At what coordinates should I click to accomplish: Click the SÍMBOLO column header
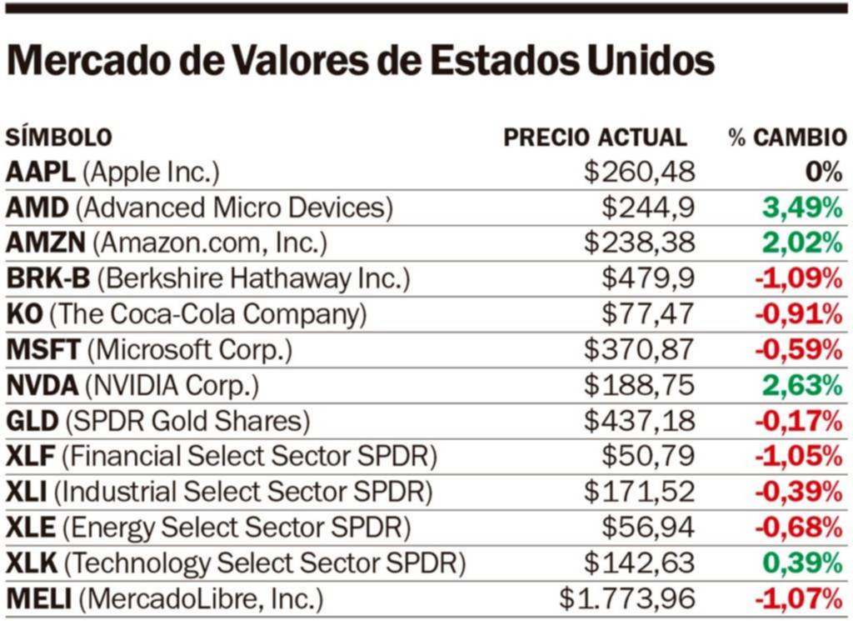[x=58, y=138]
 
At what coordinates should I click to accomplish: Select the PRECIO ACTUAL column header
[x=595, y=138]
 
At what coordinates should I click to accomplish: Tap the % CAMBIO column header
[x=787, y=138]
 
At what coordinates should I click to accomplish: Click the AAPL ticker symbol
[x=40, y=173]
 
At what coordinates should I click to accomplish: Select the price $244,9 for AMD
[x=649, y=208]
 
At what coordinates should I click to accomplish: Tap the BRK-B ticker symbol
[x=47, y=278]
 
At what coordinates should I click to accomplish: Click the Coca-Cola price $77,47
[x=649, y=314]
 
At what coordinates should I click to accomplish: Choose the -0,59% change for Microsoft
[x=798, y=350]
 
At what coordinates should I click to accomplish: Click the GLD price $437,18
[x=639, y=421]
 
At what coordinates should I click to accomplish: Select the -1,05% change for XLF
[x=798, y=457]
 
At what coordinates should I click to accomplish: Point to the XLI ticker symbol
[x=26, y=492]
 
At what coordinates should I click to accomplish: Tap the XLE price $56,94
[x=649, y=528]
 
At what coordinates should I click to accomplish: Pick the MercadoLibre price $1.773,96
[x=626, y=598]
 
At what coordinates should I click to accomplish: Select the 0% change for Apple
[x=824, y=173]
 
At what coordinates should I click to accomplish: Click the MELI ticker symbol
[x=41, y=598]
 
